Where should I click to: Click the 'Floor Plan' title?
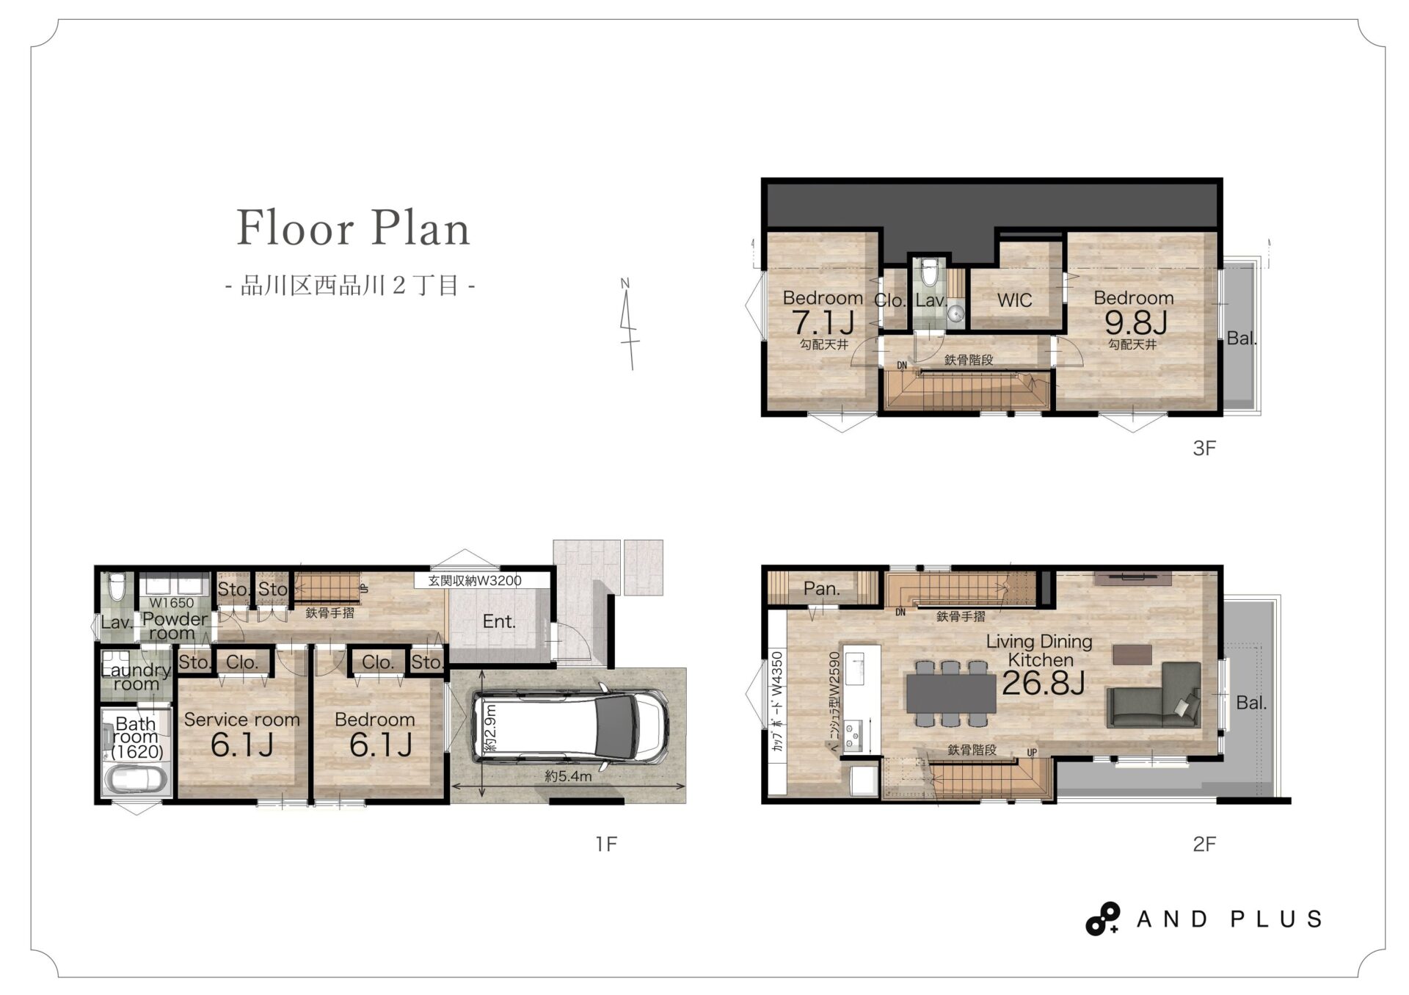353,228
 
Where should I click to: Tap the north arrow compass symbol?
629,324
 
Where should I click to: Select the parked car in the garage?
570,726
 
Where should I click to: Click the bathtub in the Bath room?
136,779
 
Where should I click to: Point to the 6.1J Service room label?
241,745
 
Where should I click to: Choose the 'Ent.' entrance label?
499,621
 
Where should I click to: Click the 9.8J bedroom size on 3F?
1135,322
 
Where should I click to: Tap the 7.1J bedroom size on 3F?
823,322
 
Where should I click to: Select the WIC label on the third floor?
1014,300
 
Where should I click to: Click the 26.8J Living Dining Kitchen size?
1043,683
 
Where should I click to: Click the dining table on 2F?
951,693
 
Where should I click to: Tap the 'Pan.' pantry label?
821,588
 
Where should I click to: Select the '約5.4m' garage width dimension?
568,775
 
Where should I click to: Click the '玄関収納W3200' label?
475,580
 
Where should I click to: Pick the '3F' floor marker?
1204,448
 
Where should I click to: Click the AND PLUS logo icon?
1102,919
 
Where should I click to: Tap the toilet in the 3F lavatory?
930,272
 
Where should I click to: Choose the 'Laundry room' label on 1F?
136,676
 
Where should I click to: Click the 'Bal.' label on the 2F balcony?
1251,703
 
